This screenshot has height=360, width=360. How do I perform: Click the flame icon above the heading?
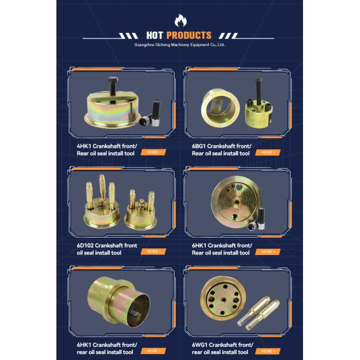point(181,20)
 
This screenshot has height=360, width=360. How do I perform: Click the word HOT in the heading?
point(155,35)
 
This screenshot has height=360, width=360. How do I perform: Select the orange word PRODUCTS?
point(189,35)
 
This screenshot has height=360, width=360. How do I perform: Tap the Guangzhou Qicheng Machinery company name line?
point(179,45)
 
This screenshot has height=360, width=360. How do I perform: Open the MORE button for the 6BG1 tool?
point(268,152)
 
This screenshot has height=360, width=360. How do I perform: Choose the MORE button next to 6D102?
point(153,251)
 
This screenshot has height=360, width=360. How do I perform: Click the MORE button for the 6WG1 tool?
point(268,351)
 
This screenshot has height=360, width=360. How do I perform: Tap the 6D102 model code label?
point(85,245)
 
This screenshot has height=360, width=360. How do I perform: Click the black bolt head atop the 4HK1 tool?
point(113,80)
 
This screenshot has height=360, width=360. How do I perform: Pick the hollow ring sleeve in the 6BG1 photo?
point(220,108)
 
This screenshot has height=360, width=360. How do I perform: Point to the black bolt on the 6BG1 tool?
point(259,91)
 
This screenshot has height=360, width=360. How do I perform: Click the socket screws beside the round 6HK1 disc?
point(257,220)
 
